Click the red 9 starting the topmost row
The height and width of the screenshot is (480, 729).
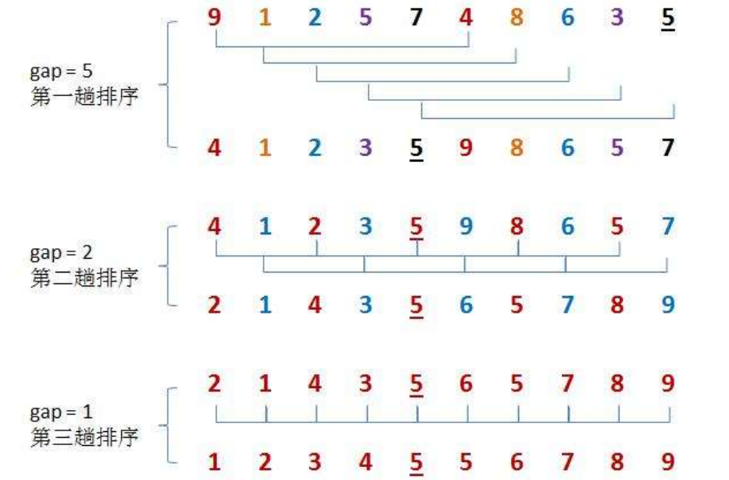point(214,17)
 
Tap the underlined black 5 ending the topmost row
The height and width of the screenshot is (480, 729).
point(668,18)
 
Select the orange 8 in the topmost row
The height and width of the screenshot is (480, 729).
point(517,17)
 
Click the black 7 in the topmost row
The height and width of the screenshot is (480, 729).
point(416,17)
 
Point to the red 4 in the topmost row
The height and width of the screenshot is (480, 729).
point(466,17)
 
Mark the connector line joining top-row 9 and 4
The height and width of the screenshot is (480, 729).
point(342,46)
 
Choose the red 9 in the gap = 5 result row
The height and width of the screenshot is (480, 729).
point(466,149)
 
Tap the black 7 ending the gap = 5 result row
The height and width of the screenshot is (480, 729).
point(668,149)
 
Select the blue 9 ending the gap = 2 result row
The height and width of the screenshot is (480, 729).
point(668,306)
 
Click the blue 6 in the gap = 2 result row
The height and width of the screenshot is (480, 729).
point(466,306)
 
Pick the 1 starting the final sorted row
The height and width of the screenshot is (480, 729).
point(214,462)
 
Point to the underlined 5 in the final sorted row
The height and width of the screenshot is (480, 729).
point(416,463)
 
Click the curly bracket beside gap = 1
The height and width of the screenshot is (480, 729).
point(168,425)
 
